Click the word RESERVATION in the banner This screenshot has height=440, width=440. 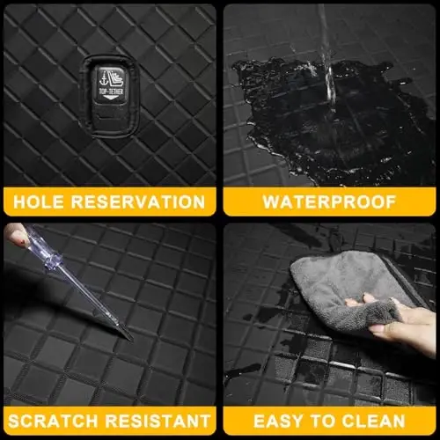click(138, 202)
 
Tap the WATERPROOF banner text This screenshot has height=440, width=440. click(329, 202)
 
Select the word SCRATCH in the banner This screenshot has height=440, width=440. click(53, 422)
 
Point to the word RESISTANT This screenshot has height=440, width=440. click(158, 422)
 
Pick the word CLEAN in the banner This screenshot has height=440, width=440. click(373, 422)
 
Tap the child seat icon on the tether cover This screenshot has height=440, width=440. click(112, 78)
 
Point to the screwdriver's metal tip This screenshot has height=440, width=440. click(128, 336)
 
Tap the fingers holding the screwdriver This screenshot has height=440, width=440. click(16, 235)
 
